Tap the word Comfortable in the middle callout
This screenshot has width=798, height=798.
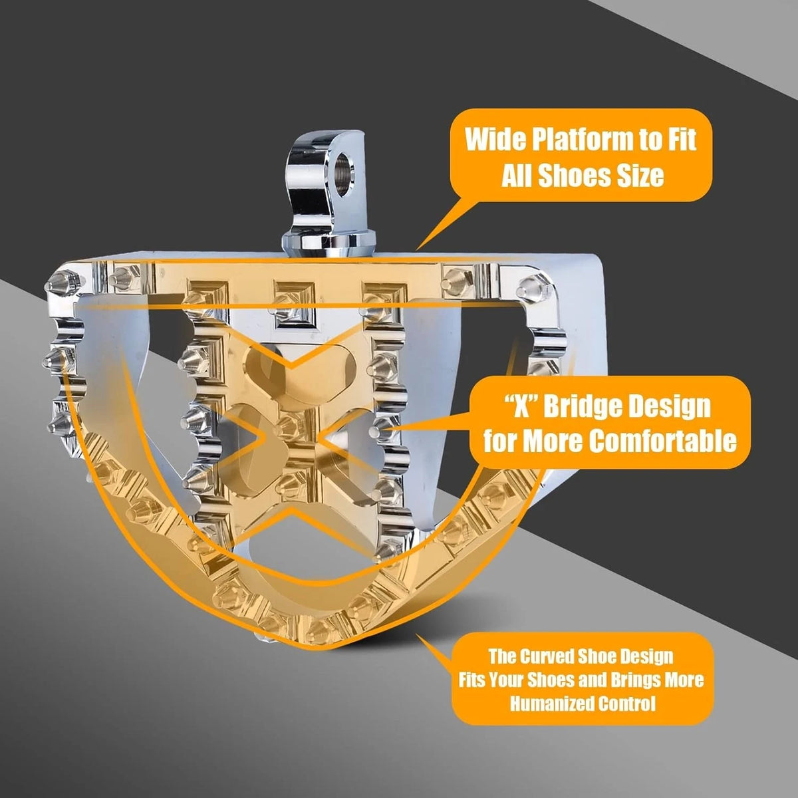coord(662,441)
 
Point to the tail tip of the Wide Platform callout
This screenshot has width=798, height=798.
coord(417,250)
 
